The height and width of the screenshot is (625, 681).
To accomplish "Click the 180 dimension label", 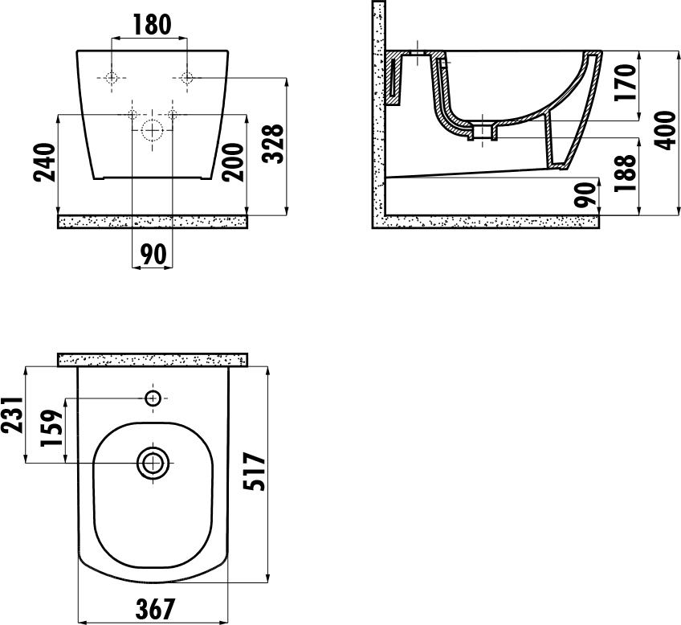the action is click(151, 25).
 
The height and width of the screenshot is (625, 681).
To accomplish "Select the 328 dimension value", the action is click(275, 144).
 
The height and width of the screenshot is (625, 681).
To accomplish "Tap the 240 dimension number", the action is click(46, 162).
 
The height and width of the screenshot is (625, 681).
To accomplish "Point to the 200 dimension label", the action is click(233, 162).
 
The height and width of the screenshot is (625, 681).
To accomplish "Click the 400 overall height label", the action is click(667, 130).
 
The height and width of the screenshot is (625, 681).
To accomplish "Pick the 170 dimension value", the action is click(626, 83).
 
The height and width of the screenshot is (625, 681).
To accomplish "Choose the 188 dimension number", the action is click(626, 173).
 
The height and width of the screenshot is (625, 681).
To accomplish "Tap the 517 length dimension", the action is click(254, 472).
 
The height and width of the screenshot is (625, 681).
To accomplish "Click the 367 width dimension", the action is click(155, 609).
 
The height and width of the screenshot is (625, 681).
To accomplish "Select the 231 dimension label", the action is click(12, 415).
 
